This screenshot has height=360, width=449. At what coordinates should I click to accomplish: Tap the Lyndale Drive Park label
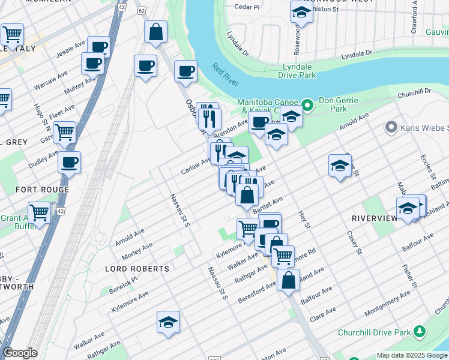click(x=297, y=71)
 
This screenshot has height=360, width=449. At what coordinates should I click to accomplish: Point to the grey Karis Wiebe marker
click(x=392, y=128)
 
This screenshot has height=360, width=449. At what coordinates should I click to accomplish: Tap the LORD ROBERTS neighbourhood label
click(x=137, y=268)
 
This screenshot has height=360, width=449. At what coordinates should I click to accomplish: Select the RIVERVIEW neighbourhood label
click(x=375, y=218)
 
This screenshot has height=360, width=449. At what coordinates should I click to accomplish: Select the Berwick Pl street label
click(x=123, y=283)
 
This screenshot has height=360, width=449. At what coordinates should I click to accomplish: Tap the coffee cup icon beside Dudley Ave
click(x=69, y=162)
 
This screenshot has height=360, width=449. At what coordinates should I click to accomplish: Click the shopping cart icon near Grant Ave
click(x=40, y=212)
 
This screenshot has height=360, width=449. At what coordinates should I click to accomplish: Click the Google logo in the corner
click(x=20, y=353)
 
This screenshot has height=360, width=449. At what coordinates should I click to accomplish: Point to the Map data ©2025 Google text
click(x=411, y=355)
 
